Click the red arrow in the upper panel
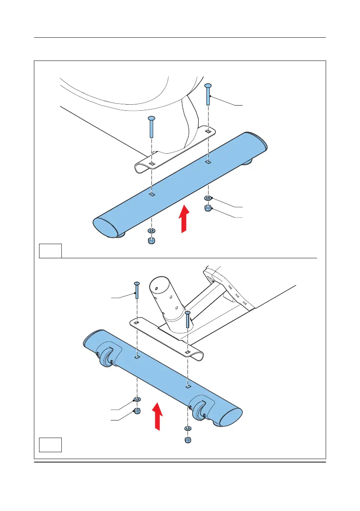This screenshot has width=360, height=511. (184, 219)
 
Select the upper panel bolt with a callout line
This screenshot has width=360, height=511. (208, 94)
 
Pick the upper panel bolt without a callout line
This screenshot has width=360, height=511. (151, 127)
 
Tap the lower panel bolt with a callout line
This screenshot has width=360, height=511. (136, 290)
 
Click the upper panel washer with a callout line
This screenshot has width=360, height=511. (208, 198)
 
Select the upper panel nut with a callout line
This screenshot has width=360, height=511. (208, 209)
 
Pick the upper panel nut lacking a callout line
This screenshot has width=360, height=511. (151, 240)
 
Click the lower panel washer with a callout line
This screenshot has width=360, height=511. (136, 400)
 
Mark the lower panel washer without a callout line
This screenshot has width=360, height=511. (188, 428)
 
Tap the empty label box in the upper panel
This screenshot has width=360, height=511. (50, 251)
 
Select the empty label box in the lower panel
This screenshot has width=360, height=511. (50, 444)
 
